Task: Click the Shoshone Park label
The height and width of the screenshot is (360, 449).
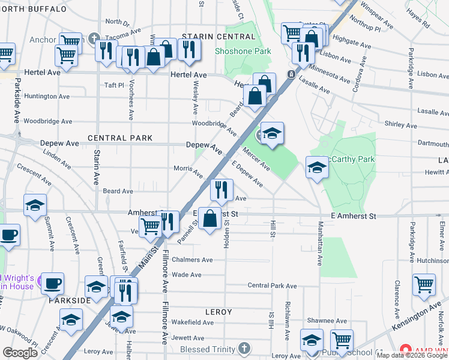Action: tap(243, 51)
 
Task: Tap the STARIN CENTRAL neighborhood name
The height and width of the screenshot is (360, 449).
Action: tap(210, 37)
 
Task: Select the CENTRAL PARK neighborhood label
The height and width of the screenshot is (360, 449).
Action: tap(116, 138)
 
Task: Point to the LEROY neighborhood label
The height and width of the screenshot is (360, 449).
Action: tap(218, 313)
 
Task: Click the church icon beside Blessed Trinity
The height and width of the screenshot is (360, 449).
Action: tap(244, 348)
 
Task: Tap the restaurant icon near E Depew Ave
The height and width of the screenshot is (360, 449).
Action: tap(221, 190)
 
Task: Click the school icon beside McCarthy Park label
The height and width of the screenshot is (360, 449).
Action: tap(316, 167)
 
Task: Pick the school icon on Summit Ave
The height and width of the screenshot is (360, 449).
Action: tap(35, 205)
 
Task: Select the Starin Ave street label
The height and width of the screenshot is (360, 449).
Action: tap(96, 167)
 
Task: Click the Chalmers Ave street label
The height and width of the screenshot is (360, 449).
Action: tap(192, 260)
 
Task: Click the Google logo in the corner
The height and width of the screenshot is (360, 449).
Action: tap(20, 353)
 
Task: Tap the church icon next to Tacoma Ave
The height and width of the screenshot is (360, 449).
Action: tap(94, 39)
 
